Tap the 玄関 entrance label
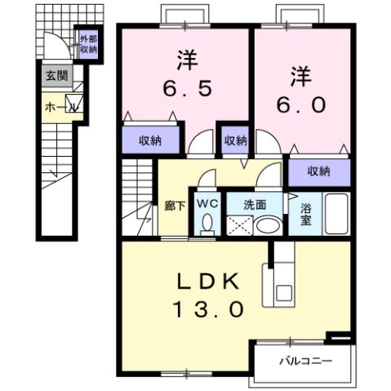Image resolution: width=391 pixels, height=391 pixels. [x=57, y=77]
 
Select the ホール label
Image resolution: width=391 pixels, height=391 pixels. [x=57, y=106]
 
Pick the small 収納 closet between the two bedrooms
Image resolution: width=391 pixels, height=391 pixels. [x=235, y=140]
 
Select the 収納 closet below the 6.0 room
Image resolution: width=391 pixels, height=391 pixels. [x=319, y=171]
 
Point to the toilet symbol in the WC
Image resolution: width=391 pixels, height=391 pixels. [x=206, y=222]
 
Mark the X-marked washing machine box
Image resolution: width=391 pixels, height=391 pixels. [x=240, y=225]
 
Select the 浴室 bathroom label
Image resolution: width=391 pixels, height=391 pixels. [x=307, y=214]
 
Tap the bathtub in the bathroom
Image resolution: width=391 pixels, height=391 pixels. [x=335, y=214]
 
